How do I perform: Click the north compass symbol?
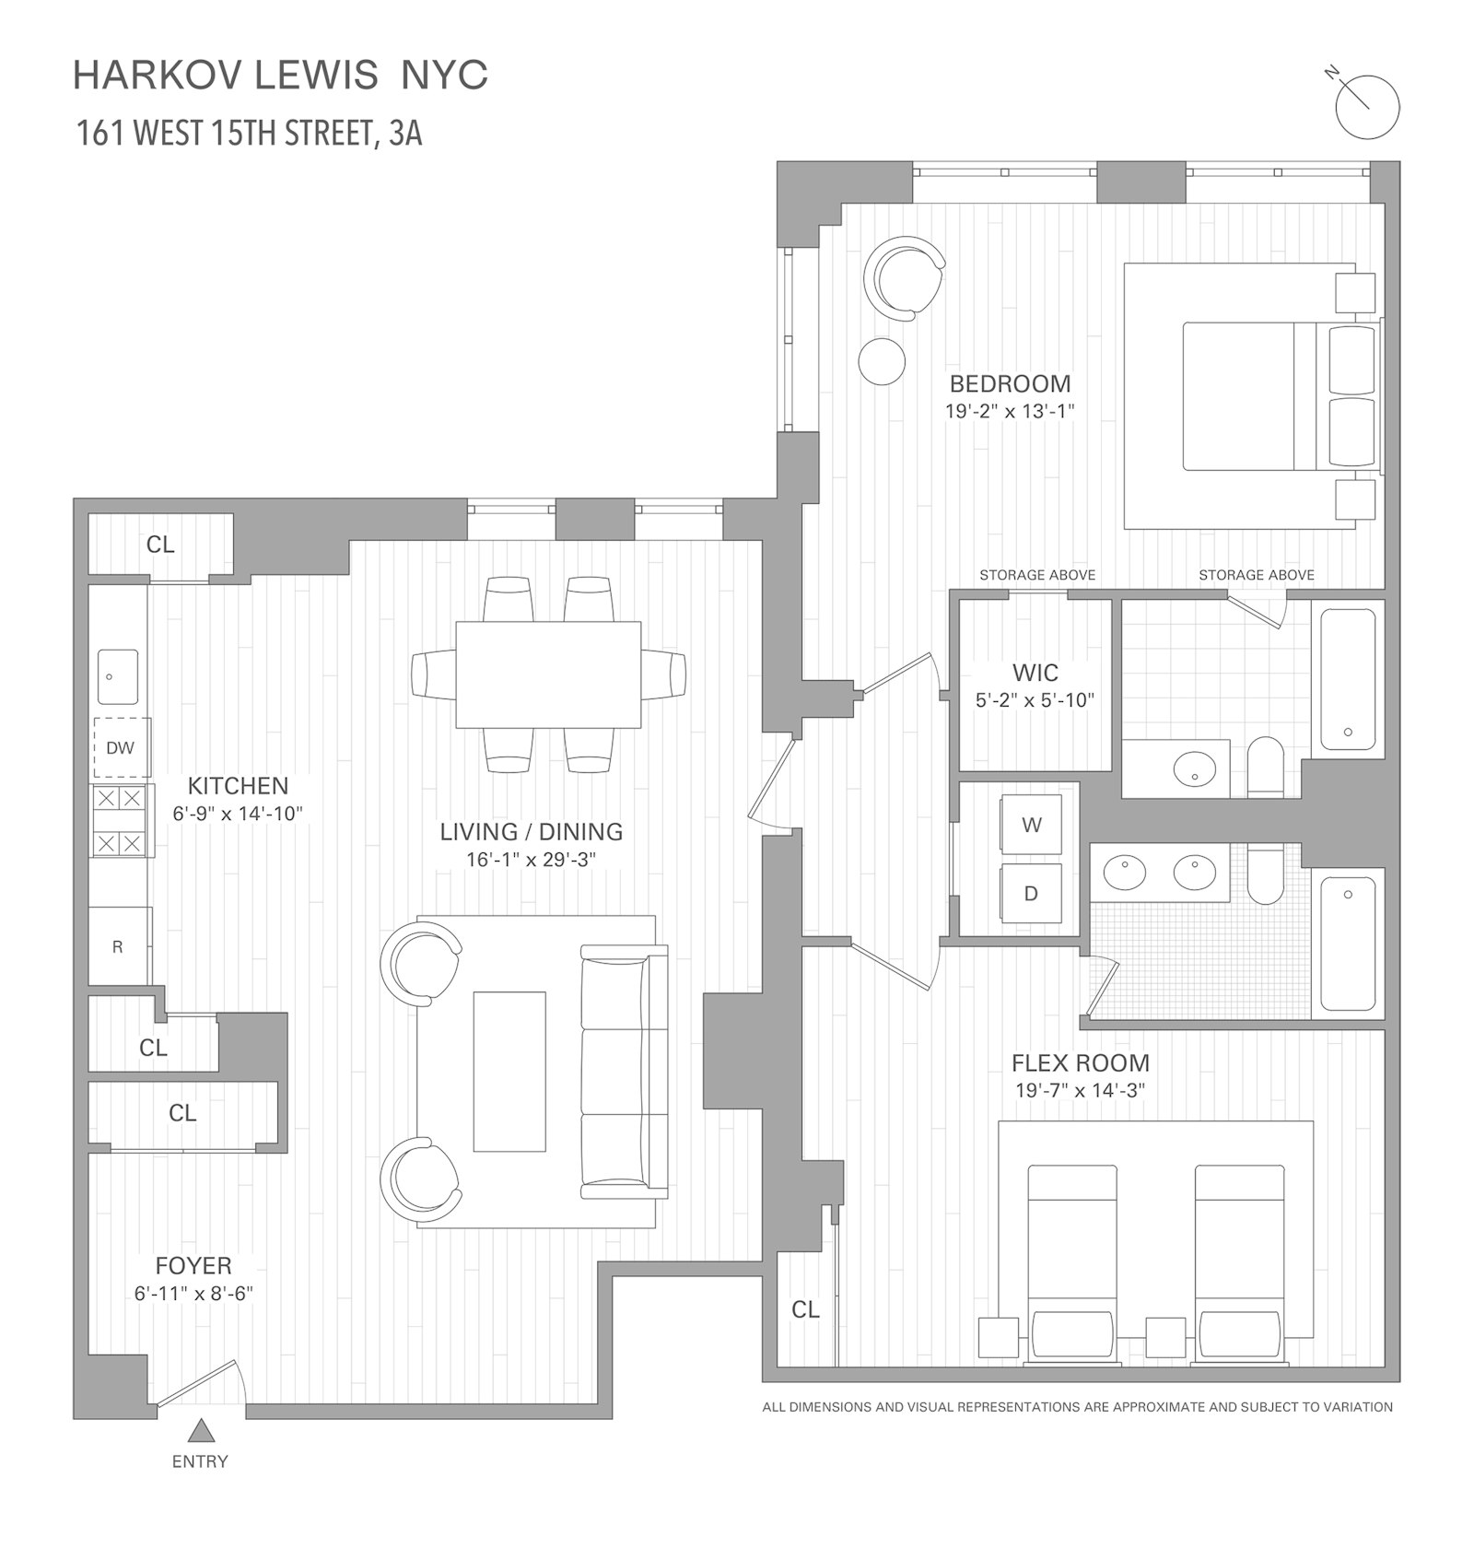click(1367, 107)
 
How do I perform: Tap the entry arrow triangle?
click(201, 1431)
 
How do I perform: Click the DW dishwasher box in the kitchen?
click(121, 747)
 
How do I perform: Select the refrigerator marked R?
click(118, 946)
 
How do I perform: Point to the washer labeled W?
click(1031, 825)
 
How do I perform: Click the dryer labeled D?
click(1031, 893)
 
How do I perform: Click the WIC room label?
click(1035, 673)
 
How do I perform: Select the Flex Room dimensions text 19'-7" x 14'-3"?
click(1080, 1091)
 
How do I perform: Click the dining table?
click(548, 674)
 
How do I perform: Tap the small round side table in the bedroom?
click(882, 360)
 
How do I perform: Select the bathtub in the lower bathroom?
click(1348, 943)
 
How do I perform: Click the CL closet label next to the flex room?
click(805, 1309)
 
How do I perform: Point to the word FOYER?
click(193, 1266)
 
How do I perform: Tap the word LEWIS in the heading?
click(315, 76)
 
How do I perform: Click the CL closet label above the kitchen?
click(160, 545)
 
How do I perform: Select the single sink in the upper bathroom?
click(1195, 768)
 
